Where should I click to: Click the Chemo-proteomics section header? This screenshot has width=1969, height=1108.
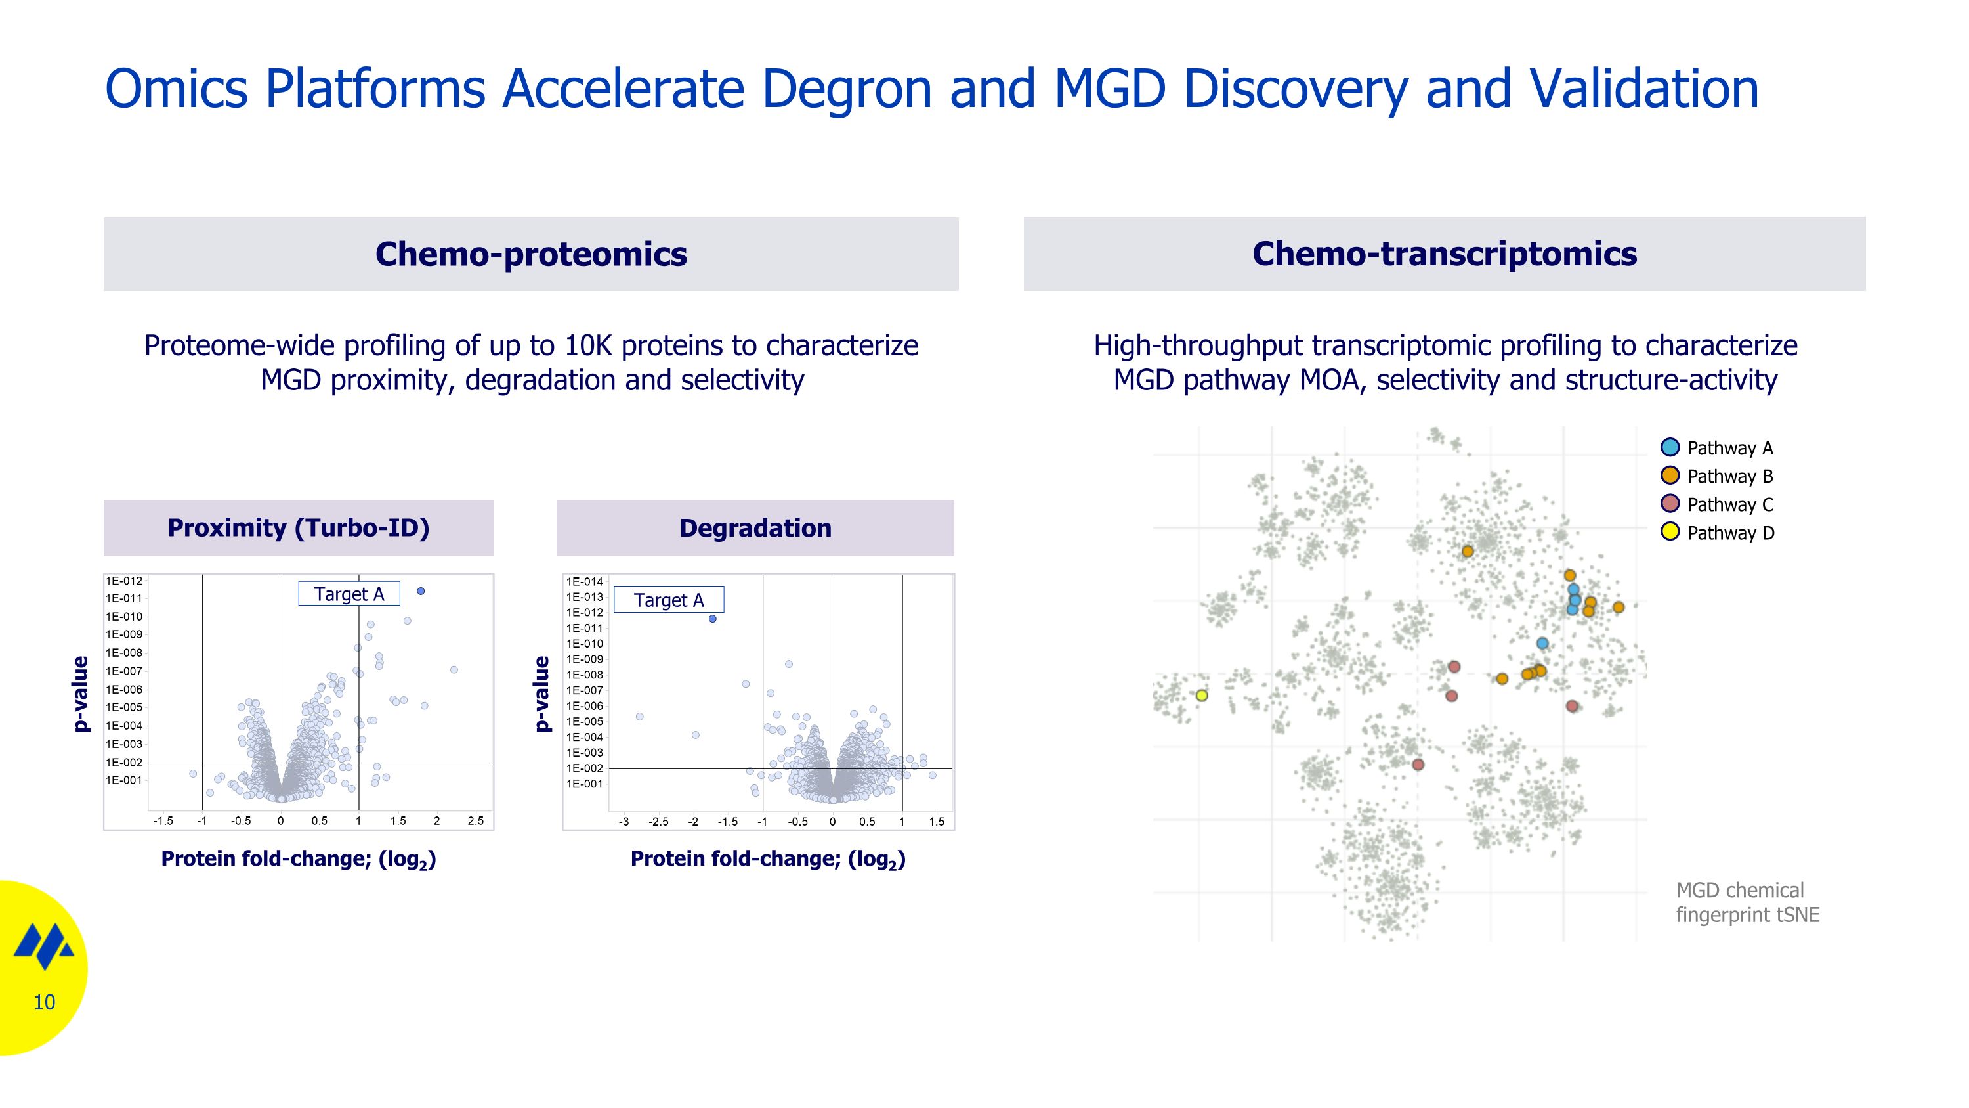point(530,254)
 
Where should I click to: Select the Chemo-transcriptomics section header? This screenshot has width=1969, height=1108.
point(1444,254)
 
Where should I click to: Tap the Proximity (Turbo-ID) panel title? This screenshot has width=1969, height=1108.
point(298,527)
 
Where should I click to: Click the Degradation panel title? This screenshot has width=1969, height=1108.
point(755,527)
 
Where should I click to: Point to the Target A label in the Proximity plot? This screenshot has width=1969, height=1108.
point(349,594)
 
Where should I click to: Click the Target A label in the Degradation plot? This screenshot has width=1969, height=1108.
point(669,600)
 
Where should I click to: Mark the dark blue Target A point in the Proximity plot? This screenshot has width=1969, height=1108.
point(421,591)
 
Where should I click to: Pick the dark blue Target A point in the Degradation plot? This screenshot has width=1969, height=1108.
point(712,619)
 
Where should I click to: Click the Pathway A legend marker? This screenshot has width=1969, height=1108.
point(1670,447)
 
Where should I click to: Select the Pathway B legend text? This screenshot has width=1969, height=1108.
point(1729,476)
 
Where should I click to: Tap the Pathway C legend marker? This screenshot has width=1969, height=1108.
point(1670,504)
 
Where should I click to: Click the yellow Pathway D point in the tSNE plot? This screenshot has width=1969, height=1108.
point(1202,695)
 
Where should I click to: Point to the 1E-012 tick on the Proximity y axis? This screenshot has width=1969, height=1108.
point(124,581)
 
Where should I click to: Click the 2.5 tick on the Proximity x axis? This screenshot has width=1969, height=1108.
point(475,821)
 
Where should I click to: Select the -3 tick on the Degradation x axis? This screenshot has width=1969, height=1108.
point(624,822)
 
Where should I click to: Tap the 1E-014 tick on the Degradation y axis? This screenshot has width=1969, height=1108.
point(585,582)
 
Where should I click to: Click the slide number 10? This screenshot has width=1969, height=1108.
point(45,1002)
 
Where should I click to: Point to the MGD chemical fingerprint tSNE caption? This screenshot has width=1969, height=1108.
point(1747,902)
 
